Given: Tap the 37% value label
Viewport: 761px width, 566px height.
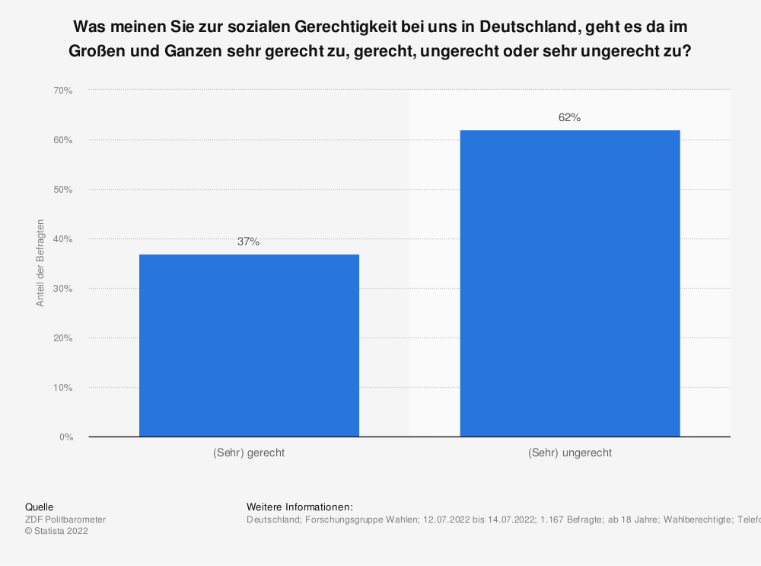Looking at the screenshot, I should [x=249, y=242].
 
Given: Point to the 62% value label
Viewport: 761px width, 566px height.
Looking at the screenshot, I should [x=569, y=118].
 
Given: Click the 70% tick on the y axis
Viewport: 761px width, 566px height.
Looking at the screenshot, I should [x=62, y=91].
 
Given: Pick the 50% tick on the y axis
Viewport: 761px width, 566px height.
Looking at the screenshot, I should [x=62, y=190].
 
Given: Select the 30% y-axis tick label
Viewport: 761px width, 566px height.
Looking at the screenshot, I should [x=62, y=289].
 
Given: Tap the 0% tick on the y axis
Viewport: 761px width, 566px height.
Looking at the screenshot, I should [x=65, y=437].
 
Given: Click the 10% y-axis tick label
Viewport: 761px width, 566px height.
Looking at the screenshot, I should [x=62, y=388].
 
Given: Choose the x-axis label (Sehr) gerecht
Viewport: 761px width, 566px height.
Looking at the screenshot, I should [x=249, y=452].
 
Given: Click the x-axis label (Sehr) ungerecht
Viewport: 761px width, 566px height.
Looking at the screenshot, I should [x=569, y=452].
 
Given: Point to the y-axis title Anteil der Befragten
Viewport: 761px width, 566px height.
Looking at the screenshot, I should [x=40, y=263].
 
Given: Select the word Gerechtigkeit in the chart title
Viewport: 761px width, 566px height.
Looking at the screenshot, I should [x=349, y=25].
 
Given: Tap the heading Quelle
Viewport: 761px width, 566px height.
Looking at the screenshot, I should [x=39, y=507].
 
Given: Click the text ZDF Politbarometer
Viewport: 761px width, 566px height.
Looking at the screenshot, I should [x=65, y=520].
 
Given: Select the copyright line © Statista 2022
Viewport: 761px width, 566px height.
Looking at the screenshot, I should [x=56, y=532].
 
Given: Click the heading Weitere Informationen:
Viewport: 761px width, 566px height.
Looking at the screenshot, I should [x=300, y=507].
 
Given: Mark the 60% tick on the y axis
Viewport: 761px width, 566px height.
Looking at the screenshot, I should [x=62, y=140].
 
